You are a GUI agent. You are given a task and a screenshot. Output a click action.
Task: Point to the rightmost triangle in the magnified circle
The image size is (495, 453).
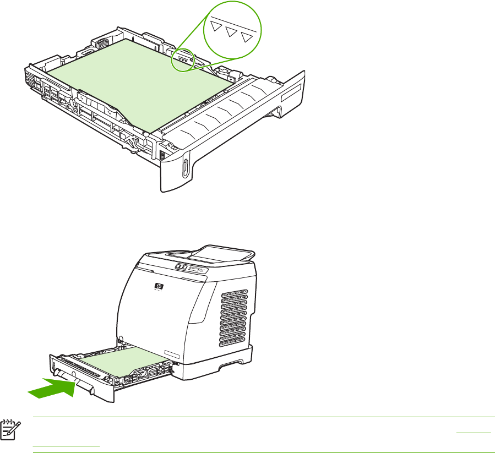tap(249, 37)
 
